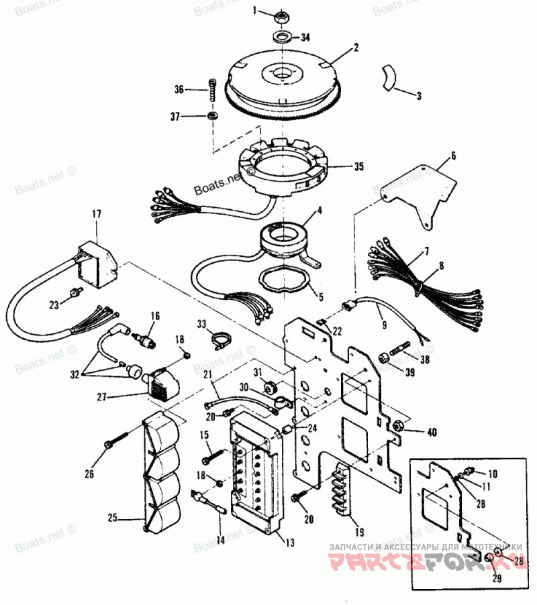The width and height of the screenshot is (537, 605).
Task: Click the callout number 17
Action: pos(97,214)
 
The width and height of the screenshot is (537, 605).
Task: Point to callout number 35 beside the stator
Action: pos(360,167)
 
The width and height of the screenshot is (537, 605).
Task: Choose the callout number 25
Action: pos(113,518)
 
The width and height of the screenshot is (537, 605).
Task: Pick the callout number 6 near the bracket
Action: pos(452,156)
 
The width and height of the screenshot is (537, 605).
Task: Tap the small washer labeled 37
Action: pos(213,117)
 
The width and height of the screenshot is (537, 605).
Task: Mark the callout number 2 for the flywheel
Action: pos(356,48)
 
